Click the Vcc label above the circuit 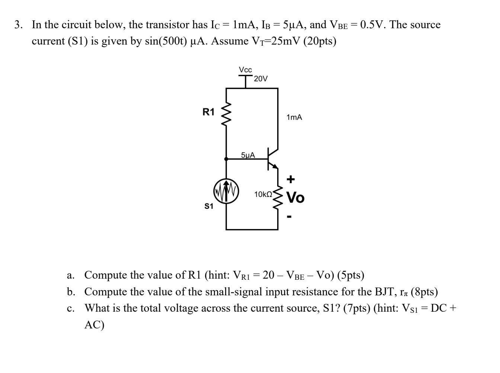pos(245,70)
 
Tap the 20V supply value pos(260,79)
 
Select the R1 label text pos(208,112)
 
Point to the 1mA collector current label pos(294,117)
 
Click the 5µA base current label pos(248,155)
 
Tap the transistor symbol pos(272,159)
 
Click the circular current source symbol pos(226,192)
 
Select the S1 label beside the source pos(209,206)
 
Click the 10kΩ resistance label pos(263,194)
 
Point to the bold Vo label pos(296,198)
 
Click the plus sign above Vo pos(291,179)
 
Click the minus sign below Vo pos(290,216)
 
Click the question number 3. pos(18,25)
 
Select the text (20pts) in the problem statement pos(320,41)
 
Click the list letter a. pos(70,275)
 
